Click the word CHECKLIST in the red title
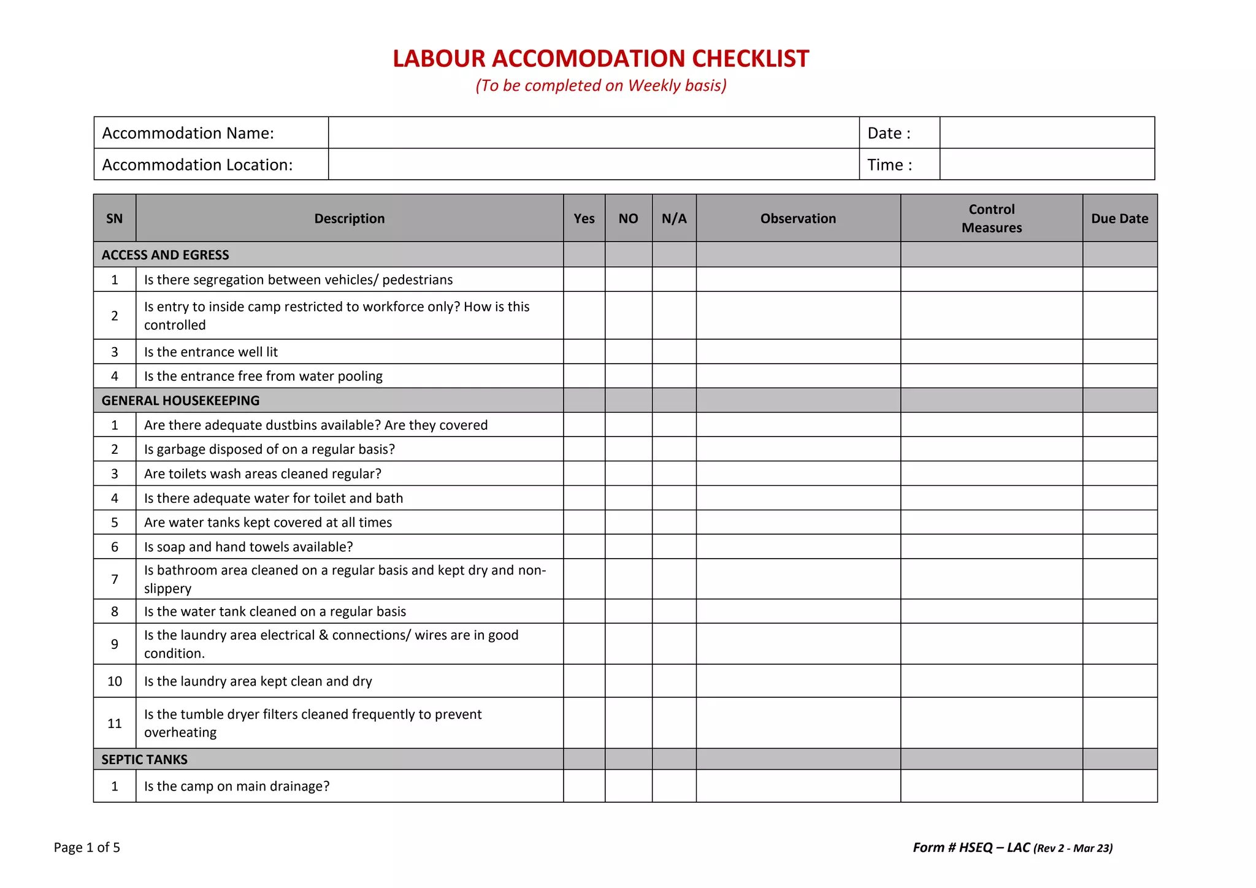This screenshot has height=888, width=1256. point(750,59)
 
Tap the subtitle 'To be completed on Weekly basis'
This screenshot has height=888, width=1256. point(601,85)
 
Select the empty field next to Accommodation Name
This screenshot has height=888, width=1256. point(593,133)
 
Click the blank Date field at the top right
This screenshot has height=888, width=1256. point(1046,133)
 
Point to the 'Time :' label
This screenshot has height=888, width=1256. point(889,165)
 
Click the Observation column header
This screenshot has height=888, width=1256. point(798,219)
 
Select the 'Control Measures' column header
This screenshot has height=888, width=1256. point(991,218)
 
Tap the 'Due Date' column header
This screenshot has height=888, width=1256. point(1119,219)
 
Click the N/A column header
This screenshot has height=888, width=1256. point(673,219)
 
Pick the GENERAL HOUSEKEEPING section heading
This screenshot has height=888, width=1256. point(180,400)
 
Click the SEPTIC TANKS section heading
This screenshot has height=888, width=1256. point(144,759)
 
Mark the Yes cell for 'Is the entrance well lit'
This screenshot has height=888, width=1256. point(584,352)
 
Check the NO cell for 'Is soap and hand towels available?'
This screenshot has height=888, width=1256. point(628,546)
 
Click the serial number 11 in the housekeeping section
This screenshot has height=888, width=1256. point(115,724)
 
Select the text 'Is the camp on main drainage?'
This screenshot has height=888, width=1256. point(237,786)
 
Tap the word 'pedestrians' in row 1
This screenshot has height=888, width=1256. point(417,280)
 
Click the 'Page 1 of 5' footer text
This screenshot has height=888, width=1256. point(86,848)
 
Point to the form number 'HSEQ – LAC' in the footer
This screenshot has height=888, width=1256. point(994,848)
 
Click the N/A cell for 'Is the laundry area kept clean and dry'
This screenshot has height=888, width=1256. point(673,681)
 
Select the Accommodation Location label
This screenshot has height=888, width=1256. point(197,165)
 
